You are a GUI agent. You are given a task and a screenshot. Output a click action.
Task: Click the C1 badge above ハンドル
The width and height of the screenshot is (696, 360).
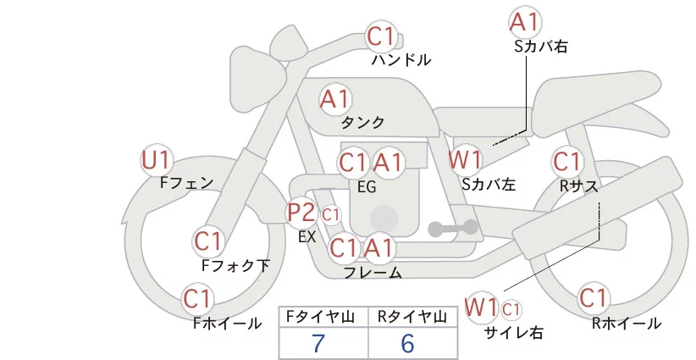pyautogui.click(x=382, y=37)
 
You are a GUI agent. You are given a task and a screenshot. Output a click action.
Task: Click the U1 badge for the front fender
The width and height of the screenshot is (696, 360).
pyautogui.click(x=156, y=159)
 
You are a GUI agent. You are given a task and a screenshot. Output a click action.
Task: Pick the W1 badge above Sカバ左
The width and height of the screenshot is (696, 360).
pyautogui.click(x=466, y=159)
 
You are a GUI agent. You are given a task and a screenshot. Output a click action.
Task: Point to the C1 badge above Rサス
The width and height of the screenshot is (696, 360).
pyautogui.click(x=566, y=161)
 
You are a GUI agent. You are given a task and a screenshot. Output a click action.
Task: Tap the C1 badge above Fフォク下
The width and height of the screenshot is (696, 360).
pyautogui.click(x=207, y=241)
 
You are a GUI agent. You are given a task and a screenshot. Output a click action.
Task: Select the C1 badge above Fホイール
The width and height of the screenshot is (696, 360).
pyautogui.click(x=197, y=299)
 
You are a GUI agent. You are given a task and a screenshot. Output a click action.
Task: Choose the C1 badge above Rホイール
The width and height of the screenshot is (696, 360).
pyautogui.click(x=593, y=299)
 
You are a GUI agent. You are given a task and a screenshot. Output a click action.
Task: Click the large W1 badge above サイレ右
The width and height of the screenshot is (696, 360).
pyautogui.click(x=482, y=306)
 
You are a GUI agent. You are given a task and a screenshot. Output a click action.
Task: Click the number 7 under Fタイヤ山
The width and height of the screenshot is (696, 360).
pyautogui.click(x=318, y=342)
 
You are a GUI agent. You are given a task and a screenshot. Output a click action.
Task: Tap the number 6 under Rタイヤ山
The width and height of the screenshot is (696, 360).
pyautogui.click(x=408, y=342)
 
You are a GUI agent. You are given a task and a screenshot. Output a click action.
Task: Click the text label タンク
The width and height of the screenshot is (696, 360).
pyautogui.click(x=362, y=122)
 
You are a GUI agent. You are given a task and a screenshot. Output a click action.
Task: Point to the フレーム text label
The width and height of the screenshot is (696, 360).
pyautogui.click(x=373, y=273)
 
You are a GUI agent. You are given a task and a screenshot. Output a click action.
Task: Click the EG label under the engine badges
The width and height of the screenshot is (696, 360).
pyautogui.click(x=367, y=186)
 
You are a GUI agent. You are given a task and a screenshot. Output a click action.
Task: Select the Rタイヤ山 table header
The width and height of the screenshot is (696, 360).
pyautogui.click(x=412, y=317)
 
